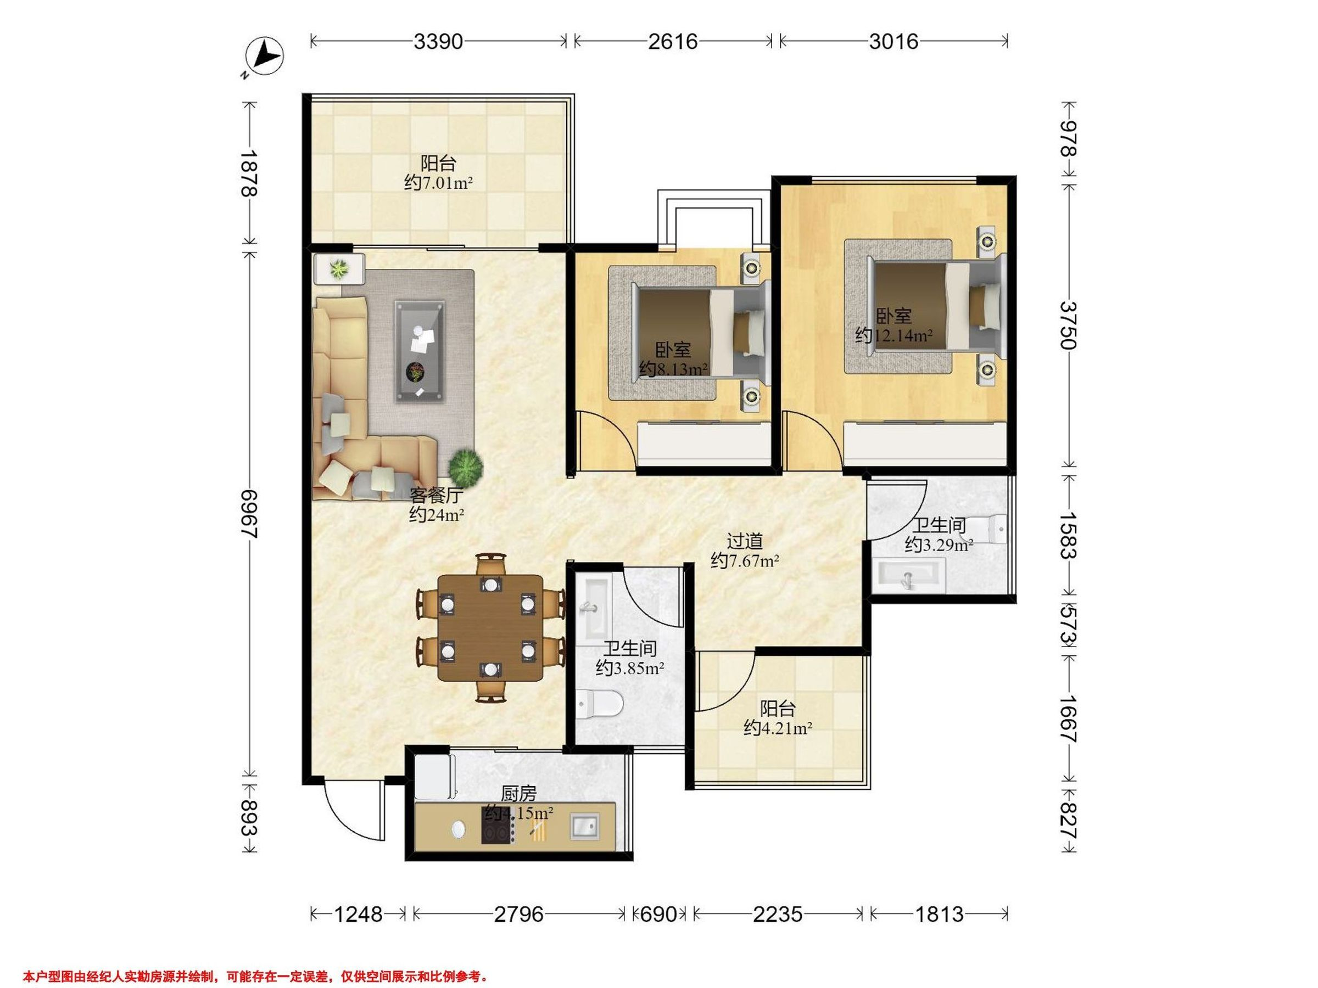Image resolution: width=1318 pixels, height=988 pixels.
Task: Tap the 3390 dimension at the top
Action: (x=439, y=42)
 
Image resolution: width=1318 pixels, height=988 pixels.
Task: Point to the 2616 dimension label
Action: (x=673, y=42)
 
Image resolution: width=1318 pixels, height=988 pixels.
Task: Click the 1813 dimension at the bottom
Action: (x=939, y=913)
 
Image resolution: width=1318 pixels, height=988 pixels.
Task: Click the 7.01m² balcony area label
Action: (x=439, y=182)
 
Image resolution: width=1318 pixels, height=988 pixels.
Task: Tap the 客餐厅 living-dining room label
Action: (x=436, y=496)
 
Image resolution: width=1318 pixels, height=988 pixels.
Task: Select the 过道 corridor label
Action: (x=745, y=541)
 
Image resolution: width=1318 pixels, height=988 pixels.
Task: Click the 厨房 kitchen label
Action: (x=518, y=794)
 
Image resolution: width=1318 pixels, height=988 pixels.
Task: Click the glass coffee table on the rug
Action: (x=420, y=351)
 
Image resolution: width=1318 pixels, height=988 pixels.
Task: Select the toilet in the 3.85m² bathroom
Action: (x=600, y=704)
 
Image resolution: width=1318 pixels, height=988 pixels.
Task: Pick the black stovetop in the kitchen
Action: (x=499, y=825)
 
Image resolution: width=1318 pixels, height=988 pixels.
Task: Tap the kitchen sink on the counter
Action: (x=584, y=827)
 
